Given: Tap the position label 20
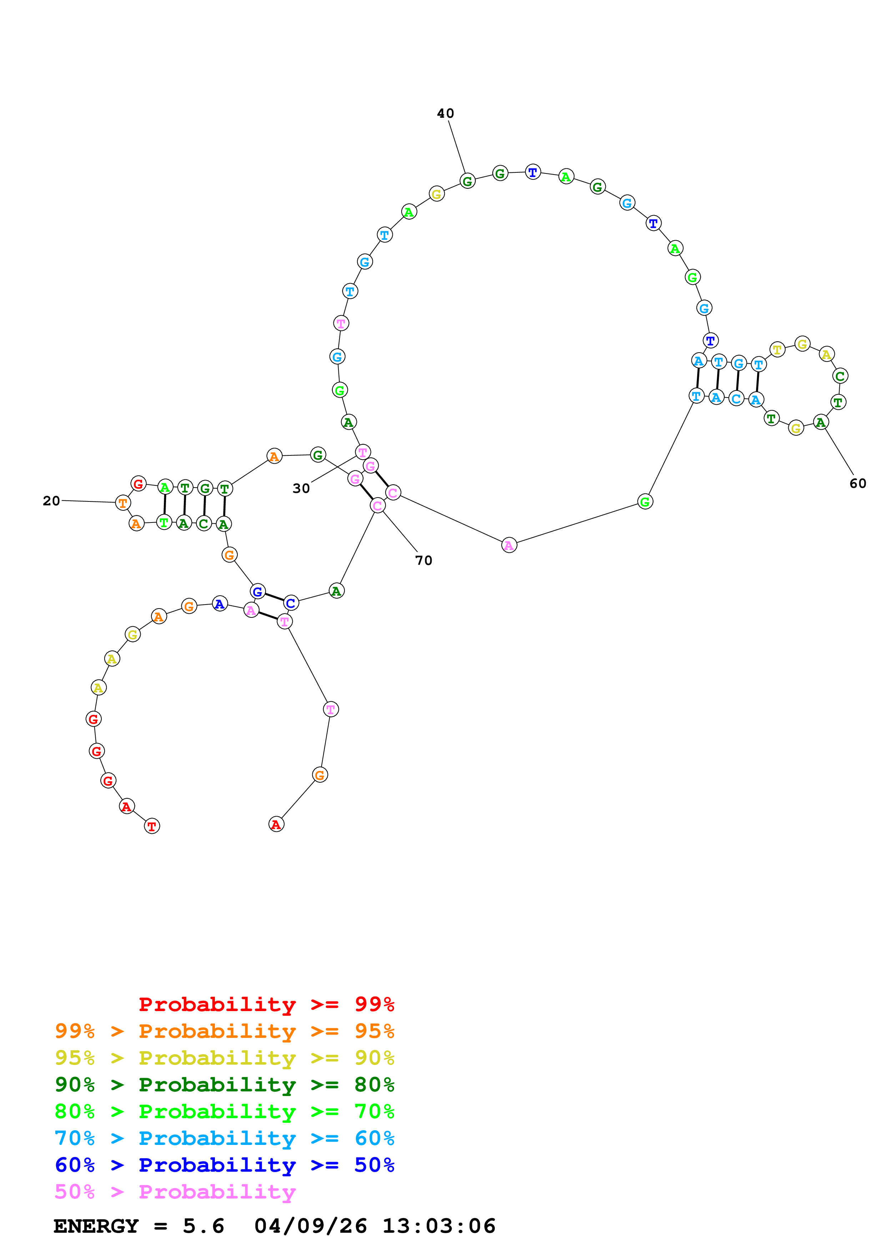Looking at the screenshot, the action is pyautogui.click(x=51, y=501).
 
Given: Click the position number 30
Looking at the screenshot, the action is pyautogui.click(x=301, y=488).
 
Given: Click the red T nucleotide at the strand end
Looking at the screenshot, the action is pyautogui.click(x=152, y=826).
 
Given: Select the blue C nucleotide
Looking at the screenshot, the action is pyautogui.click(x=291, y=603).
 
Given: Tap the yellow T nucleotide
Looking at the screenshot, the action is pyautogui.click(x=777, y=349).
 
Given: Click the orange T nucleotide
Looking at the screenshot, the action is pyautogui.click(x=123, y=503).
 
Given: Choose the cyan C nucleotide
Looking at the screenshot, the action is pyautogui.click(x=736, y=399).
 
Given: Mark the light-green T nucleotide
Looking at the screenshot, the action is pyautogui.click(x=164, y=522).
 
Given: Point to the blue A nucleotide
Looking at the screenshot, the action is pyautogui.click(x=220, y=604).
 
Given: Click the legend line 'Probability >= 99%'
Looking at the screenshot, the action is pyautogui.click(x=266, y=1004).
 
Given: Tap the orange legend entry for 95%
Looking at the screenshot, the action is pyautogui.click(x=224, y=1031).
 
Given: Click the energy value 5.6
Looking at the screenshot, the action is pyautogui.click(x=203, y=1226).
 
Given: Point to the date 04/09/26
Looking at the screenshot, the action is pyautogui.click(x=310, y=1226).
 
